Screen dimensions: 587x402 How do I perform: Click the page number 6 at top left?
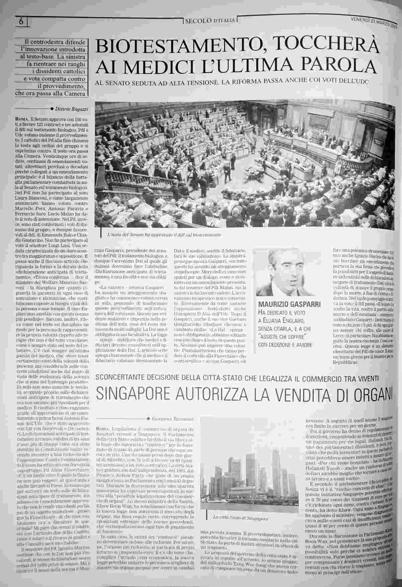21,22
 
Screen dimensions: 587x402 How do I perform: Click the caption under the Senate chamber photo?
164,235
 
